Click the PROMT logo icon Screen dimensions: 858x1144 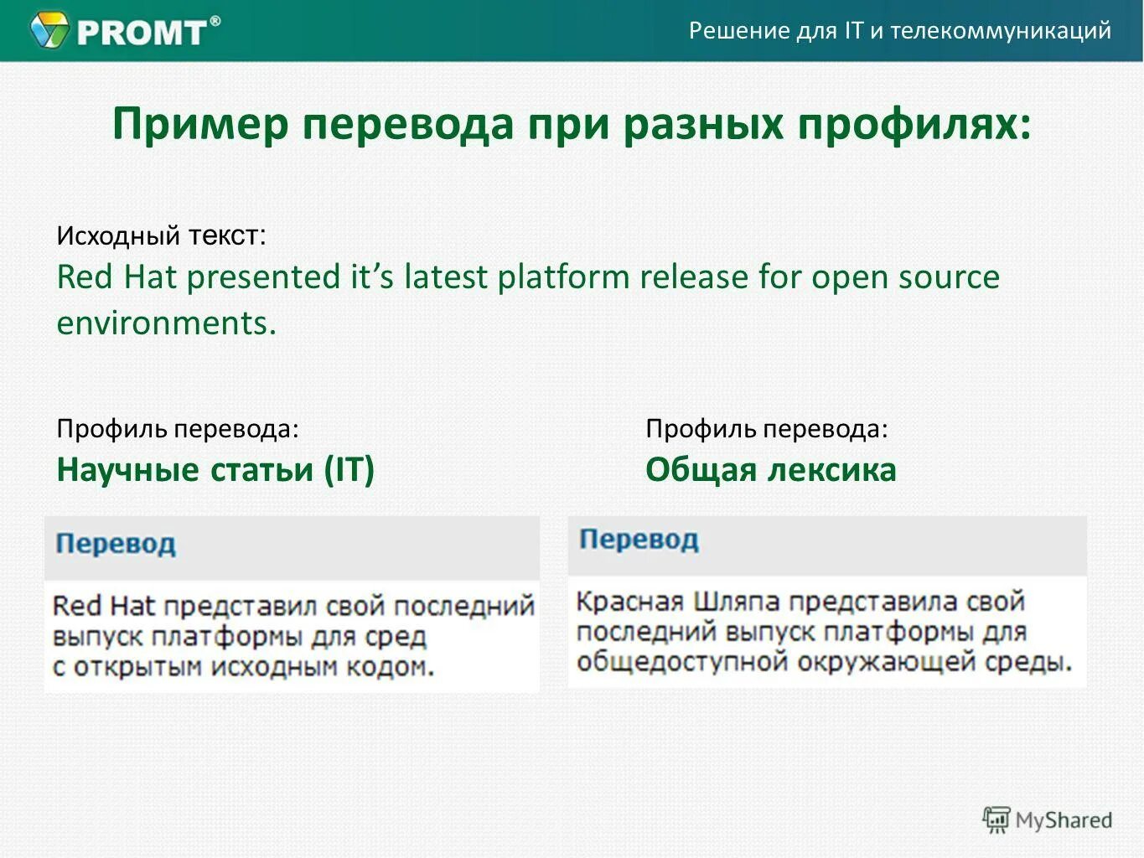click(x=49, y=30)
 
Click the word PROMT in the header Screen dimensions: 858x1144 click(x=141, y=32)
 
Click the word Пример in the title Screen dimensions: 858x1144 click(x=200, y=125)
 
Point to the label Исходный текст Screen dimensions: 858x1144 click(x=161, y=235)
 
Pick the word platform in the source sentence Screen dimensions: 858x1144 click(x=563, y=277)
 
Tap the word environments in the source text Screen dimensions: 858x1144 click(x=166, y=323)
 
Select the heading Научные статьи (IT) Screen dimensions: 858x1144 click(x=215, y=469)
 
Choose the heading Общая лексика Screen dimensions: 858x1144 click(x=770, y=469)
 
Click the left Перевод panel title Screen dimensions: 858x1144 click(x=116, y=544)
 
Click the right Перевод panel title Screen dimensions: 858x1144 click(x=639, y=539)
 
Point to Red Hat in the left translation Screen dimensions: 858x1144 click(x=104, y=606)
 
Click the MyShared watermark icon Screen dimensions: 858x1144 click(x=996, y=819)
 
